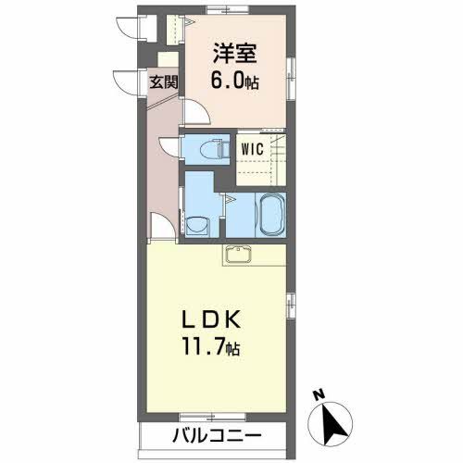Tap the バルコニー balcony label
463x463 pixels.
tap(216, 435)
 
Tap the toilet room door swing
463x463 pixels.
tap(169, 148)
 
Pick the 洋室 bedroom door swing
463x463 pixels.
tap(195, 112)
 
